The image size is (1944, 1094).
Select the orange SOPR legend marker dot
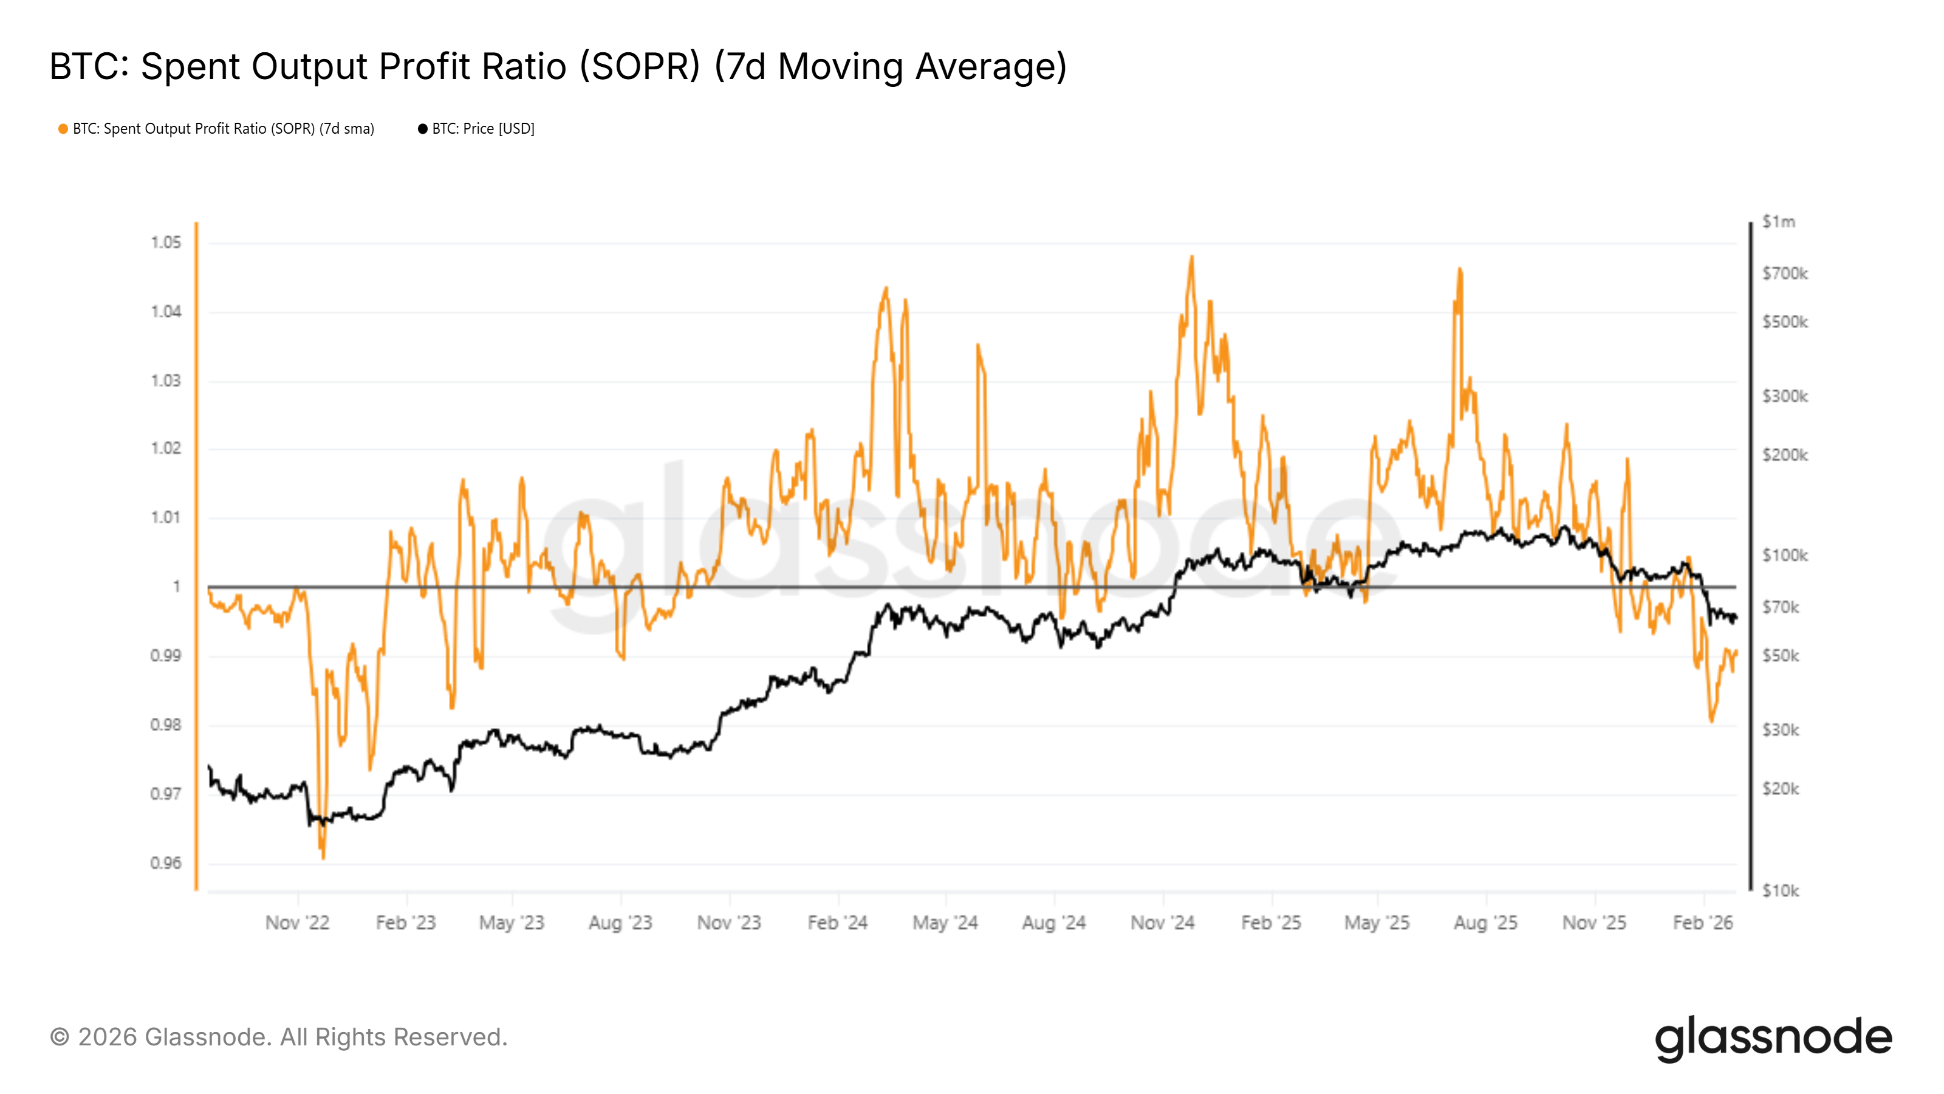coord(63,129)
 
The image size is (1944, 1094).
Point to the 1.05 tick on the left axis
coord(166,243)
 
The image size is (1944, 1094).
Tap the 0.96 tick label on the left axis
coord(166,863)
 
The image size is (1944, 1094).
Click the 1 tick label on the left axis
coord(177,587)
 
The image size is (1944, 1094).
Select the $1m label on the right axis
coord(1778,222)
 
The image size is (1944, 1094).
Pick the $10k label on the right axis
coord(1780,891)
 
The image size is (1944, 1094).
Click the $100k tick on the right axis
coord(1784,556)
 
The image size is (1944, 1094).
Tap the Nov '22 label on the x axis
coord(297,923)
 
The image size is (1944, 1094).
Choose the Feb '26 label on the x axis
coord(1702,923)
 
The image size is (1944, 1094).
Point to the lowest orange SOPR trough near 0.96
coord(323,858)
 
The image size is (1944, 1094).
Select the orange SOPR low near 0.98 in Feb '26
coord(1711,721)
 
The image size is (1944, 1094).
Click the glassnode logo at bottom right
coord(1773,1038)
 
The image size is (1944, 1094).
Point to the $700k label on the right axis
coord(1784,273)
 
